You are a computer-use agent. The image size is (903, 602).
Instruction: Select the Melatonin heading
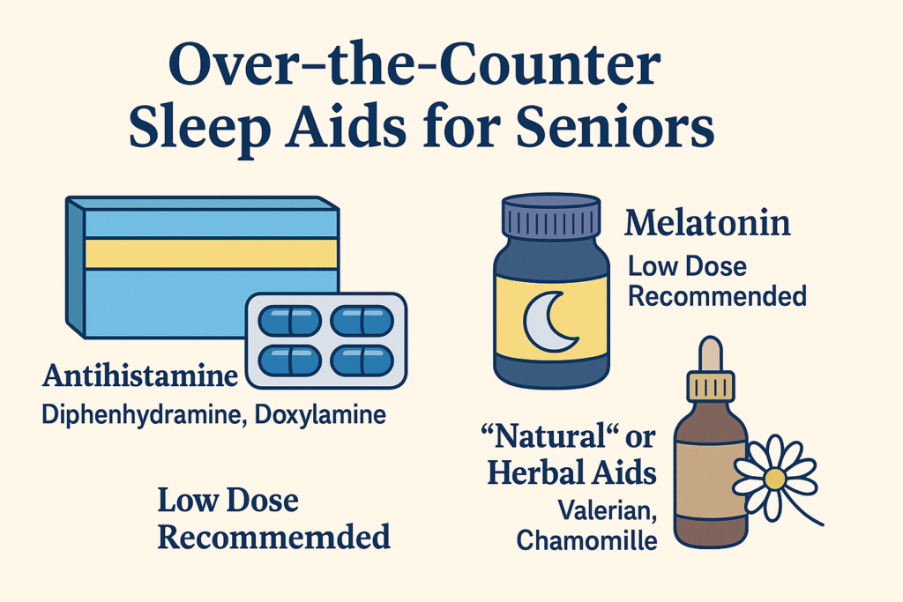707,223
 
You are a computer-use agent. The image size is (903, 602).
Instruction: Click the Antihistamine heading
140,378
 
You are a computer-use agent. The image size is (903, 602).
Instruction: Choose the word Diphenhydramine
140,413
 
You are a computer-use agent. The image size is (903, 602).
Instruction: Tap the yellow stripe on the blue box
212,254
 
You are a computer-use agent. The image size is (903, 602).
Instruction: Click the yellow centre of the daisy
773,479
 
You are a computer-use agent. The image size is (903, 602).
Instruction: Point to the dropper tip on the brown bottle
711,352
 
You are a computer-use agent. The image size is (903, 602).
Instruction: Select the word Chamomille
586,539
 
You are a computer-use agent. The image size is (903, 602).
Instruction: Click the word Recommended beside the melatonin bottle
716,295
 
